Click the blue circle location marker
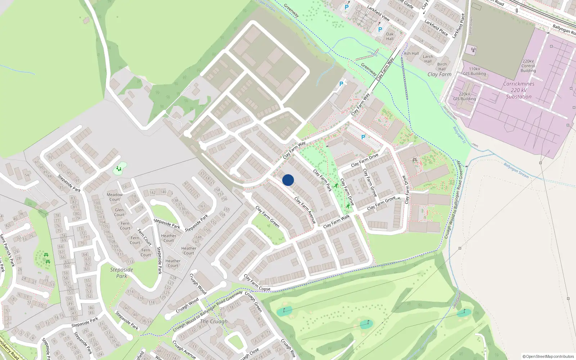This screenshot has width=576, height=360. [288, 180]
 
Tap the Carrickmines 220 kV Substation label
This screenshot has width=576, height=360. [518, 90]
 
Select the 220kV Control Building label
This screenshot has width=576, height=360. [528, 66]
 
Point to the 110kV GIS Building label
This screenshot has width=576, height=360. [474, 71]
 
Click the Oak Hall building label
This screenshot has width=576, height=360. [390, 36]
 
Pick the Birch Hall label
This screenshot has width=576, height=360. [442, 67]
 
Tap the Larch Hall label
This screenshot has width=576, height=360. [428, 59]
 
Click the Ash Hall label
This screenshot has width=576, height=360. [411, 53]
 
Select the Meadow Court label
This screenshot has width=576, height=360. [114, 197]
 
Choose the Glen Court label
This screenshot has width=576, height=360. [120, 212]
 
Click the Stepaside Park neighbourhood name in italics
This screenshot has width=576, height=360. [122, 273]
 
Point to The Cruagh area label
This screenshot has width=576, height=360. [214, 321]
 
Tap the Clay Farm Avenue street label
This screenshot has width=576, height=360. [305, 210]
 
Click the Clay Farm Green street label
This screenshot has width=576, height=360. [267, 216]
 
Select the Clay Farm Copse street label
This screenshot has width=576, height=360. [257, 283]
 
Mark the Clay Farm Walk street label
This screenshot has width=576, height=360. [337, 221]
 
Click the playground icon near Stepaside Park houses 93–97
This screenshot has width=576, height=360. [119, 168]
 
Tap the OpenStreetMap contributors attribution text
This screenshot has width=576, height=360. [548, 356]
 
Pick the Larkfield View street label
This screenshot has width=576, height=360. [378, 13]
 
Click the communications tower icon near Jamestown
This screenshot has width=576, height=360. [473, 50]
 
